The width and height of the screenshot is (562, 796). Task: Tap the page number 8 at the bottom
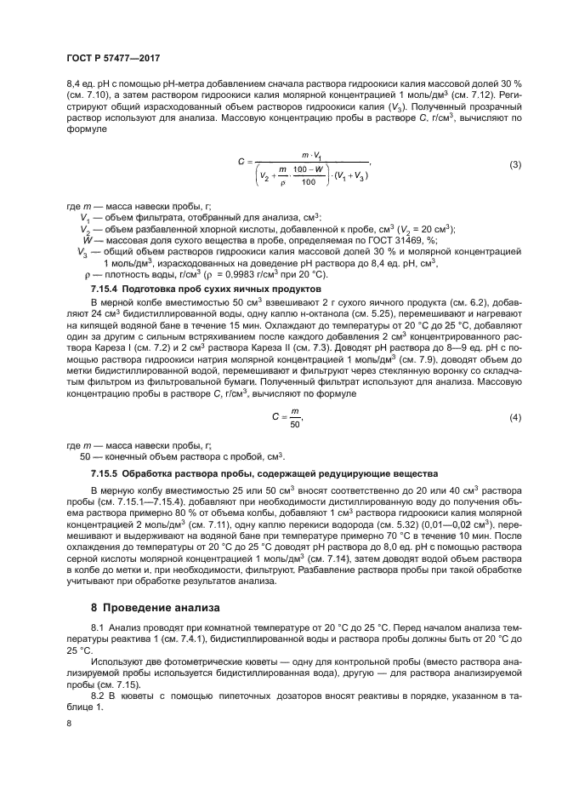[71, 723]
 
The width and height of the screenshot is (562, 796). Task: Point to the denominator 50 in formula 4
[295, 424]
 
